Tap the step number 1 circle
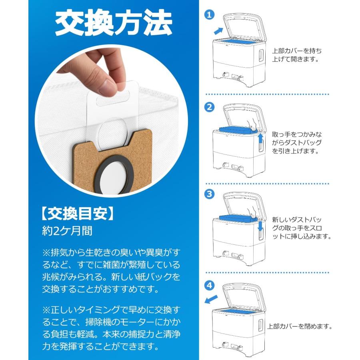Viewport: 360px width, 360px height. click(209, 15)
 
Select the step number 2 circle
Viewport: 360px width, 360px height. click(209, 107)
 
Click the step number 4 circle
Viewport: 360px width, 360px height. click(209, 286)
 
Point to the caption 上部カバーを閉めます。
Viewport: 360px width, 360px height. click(300, 326)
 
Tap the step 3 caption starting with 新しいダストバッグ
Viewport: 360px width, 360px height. click(302, 228)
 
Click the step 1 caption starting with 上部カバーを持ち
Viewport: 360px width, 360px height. click(296, 55)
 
